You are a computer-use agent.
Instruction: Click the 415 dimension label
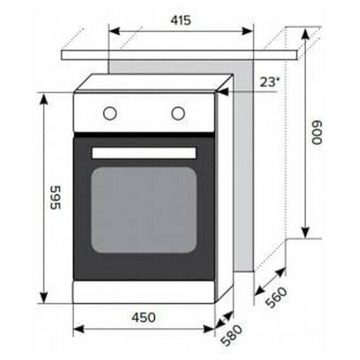click(x=181, y=20)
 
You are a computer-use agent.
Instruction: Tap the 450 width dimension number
click(x=143, y=318)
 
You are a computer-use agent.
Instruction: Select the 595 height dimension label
click(x=56, y=197)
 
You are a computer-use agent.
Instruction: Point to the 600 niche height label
click(x=316, y=132)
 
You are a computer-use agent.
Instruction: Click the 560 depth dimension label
click(x=277, y=297)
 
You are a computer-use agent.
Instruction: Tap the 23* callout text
click(x=270, y=82)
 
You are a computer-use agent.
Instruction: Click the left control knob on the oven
click(x=110, y=113)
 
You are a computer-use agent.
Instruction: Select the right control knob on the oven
click(x=178, y=113)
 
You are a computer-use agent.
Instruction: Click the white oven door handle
click(x=144, y=153)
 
